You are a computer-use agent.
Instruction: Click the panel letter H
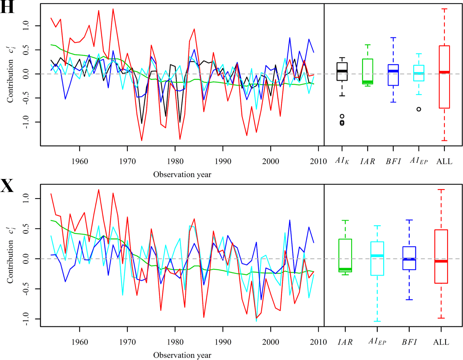pyautogui.click(x=7, y=8)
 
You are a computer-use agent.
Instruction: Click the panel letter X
pyautogui.click(x=7, y=186)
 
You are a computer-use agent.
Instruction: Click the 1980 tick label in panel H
pyautogui.click(x=175, y=161)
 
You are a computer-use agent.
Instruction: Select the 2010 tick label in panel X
pyautogui.click(x=318, y=342)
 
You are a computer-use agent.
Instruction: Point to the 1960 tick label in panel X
pyautogui.click(x=80, y=342)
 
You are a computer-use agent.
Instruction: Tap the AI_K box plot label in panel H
pyautogui.click(x=342, y=161)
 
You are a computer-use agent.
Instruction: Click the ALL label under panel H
pyautogui.click(x=444, y=161)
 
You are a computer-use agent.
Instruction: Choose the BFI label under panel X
pyautogui.click(x=409, y=342)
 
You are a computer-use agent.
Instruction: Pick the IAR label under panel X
pyautogui.click(x=345, y=342)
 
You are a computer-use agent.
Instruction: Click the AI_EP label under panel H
pyautogui.click(x=419, y=161)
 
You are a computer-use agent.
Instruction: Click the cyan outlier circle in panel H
pyautogui.click(x=419, y=109)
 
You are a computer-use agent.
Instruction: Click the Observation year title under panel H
pyautogui.click(x=182, y=174)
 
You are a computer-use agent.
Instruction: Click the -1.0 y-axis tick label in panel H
pyautogui.click(x=26, y=122)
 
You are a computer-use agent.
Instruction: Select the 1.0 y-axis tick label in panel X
pyautogui.click(x=26, y=198)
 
